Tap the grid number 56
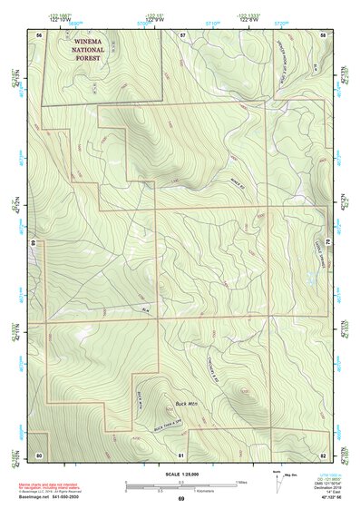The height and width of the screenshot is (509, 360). click(x=39, y=34)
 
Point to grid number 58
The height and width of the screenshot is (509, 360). click(x=324, y=34)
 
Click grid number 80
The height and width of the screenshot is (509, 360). click(x=39, y=454)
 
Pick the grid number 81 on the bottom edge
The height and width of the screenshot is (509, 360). click(x=181, y=454)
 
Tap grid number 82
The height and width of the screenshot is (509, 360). click(x=324, y=454)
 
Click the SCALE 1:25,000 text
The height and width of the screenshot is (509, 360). click(x=181, y=474)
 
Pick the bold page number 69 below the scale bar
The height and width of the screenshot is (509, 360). click(x=181, y=499)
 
